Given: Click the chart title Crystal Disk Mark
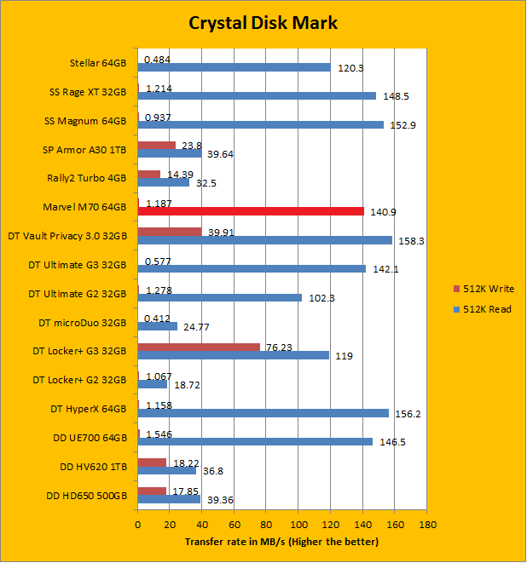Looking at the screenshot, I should [x=263, y=23].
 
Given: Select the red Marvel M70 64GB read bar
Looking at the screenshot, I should [x=251, y=211].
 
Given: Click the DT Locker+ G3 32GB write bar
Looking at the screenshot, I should [x=199, y=347].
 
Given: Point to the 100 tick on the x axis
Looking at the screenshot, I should [x=298, y=525].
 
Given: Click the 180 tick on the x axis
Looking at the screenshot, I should [x=427, y=525].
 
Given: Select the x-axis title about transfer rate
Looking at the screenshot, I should [x=281, y=542].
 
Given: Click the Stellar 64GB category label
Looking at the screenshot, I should [x=98, y=62].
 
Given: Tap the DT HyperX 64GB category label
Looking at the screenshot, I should [x=89, y=410].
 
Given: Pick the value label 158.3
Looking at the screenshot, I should [x=410, y=241].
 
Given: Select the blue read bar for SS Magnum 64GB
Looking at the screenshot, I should [x=260, y=124].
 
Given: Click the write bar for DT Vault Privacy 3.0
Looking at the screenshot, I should [x=170, y=231].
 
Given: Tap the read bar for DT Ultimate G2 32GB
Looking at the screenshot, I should [x=219, y=298].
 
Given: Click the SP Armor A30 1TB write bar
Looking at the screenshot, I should [x=156, y=144].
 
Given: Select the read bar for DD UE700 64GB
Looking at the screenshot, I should [x=255, y=442].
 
